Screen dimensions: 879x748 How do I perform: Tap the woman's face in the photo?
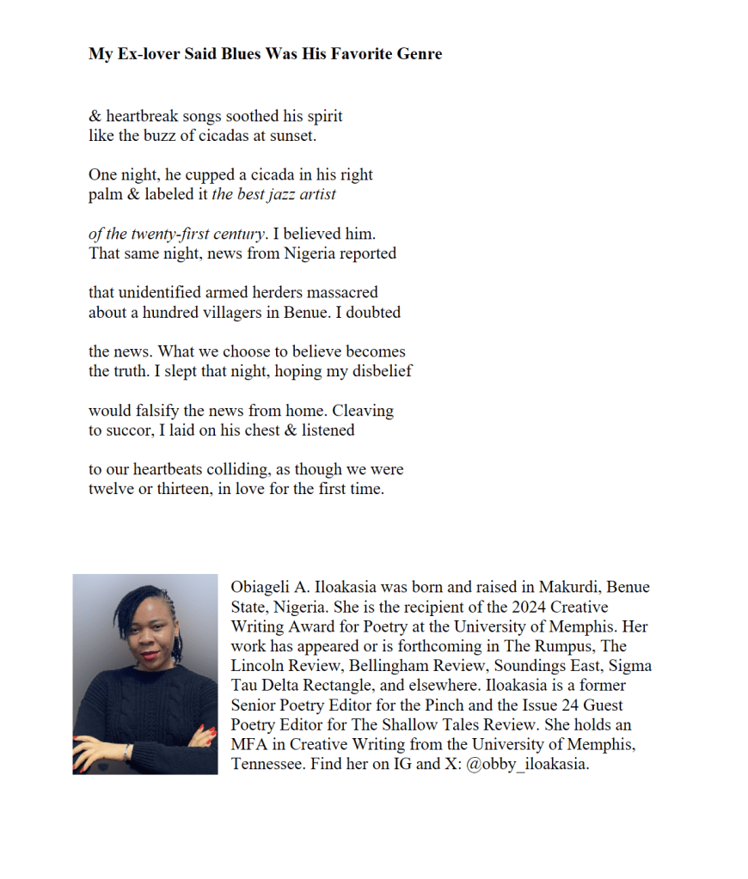pyautogui.click(x=142, y=629)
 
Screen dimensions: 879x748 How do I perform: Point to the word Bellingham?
pyautogui.click(x=379, y=666)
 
